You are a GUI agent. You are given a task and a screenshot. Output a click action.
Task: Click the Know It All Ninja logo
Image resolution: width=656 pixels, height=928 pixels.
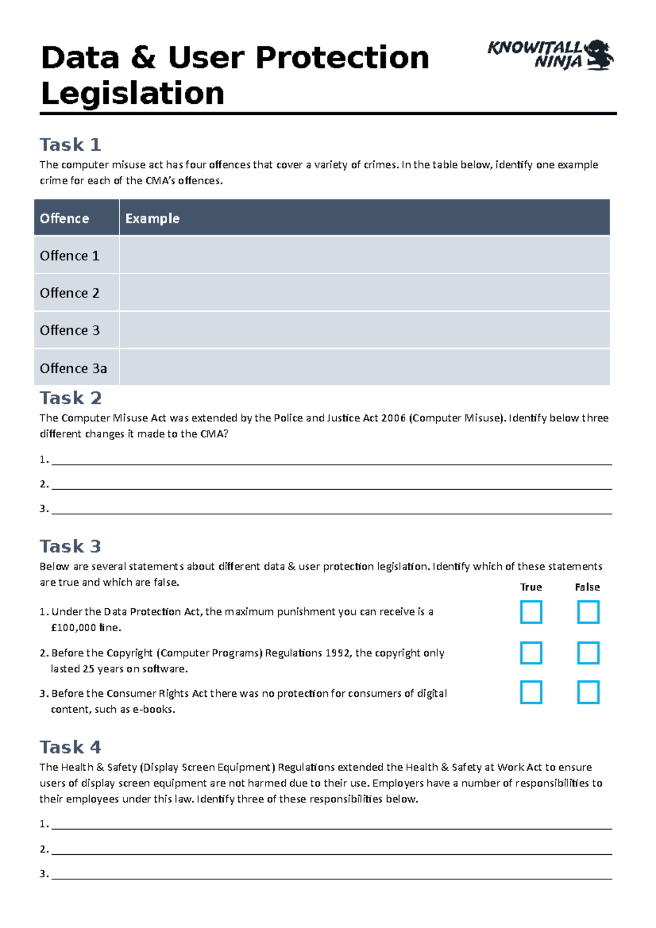pos(550,55)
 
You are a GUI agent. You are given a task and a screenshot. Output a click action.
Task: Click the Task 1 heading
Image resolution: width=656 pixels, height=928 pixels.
pos(70,145)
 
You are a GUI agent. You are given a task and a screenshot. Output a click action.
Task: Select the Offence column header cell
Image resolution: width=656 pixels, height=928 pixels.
pos(77,218)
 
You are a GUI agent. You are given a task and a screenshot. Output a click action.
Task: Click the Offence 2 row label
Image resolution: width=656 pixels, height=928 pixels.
pos(70,293)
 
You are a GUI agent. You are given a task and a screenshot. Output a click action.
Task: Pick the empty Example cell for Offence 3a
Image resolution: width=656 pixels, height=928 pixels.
pos(364,368)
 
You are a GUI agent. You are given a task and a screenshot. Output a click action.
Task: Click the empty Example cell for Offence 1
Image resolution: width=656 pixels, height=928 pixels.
pos(364,255)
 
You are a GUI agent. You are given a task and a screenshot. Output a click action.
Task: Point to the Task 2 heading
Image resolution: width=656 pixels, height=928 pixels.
pos(71,398)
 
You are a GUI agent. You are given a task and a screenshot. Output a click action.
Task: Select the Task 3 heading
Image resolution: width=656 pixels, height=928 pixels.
pos(70,547)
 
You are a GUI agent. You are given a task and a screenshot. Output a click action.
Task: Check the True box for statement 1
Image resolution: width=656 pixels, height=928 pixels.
pos(531,612)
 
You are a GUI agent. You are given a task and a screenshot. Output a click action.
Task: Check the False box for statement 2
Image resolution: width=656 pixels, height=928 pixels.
pos(588,653)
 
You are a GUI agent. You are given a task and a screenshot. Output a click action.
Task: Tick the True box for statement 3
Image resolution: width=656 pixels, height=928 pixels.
pos(531,692)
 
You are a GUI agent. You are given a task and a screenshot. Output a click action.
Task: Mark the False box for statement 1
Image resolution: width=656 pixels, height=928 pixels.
pos(588,612)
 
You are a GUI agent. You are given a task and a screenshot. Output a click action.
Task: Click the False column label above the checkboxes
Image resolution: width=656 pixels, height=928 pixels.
pos(587,588)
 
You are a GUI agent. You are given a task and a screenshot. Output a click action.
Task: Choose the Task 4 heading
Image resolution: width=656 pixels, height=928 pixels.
pos(70,747)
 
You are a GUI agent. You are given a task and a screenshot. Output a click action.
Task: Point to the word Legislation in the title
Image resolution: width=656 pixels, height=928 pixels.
pos(133,93)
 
